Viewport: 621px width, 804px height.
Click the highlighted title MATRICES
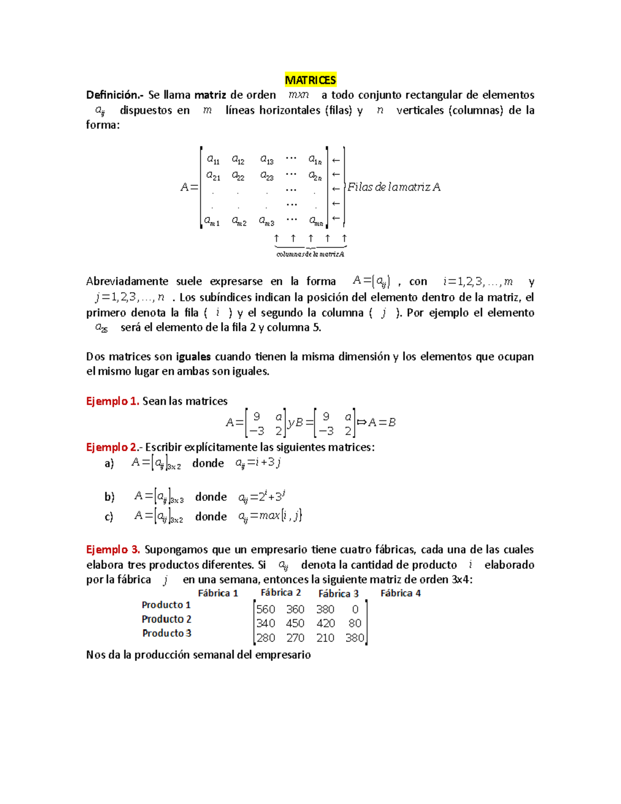(x=310, y=80)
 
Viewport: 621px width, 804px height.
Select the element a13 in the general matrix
(x=267, y=160)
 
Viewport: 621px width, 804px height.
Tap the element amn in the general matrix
(x=316, y=222)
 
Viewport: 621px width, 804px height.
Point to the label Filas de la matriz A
(x=394, y=187)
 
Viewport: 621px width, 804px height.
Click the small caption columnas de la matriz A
(x=310, y=254)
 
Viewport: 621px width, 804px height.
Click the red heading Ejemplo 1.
(x=112, y=401)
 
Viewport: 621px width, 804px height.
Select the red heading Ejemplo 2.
(x=112, y=447)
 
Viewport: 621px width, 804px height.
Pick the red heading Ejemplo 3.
(x=113, y=550)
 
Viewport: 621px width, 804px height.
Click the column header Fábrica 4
(x=401, y=593)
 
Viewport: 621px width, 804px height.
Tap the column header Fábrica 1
(x=218, y=593)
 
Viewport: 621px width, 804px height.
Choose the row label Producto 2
(x=167, y=619)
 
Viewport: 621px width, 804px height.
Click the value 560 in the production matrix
(x=265, y=610)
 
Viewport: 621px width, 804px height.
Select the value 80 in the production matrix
(x=354, y=624)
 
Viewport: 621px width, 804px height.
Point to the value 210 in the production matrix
(x=326, y=638)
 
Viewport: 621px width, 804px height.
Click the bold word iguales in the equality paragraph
(x=193, y=357)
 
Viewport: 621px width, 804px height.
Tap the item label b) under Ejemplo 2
(x=109, y=497)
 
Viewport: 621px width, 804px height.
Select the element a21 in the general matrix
(x=213, y=176)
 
